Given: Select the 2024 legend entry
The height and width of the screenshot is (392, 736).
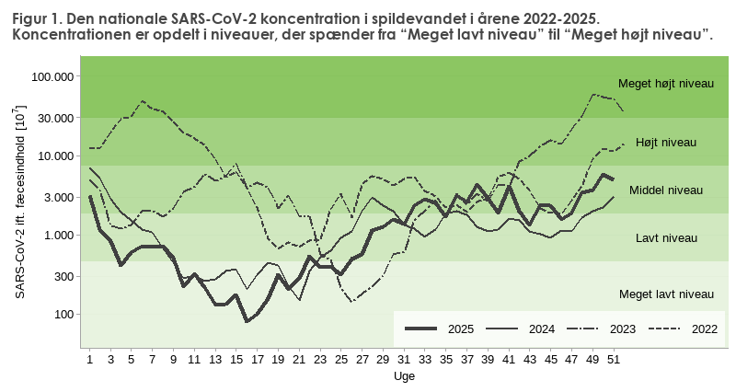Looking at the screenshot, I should tap(541, 329).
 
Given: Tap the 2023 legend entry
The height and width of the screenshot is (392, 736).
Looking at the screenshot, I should tap(622, 329).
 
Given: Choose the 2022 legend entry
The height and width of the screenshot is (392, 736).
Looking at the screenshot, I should tap(704, 329).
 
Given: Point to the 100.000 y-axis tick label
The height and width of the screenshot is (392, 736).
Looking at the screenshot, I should tap(52, 76).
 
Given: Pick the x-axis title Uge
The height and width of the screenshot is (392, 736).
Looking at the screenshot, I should tap(403, 377).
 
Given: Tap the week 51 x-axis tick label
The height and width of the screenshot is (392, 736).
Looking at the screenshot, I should tap(613, 360).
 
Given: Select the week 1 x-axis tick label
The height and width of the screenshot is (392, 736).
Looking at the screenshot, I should tap(89, 360).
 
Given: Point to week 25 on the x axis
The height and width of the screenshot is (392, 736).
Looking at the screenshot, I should tap(340, 360).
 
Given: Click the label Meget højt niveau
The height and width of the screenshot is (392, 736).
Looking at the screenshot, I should tap(666, 84).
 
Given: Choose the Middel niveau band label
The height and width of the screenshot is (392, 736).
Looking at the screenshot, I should tap(666, 190).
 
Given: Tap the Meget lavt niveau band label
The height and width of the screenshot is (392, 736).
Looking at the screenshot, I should tap(666, 294).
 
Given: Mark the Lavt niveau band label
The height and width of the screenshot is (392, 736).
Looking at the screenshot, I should tap(666, 238).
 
